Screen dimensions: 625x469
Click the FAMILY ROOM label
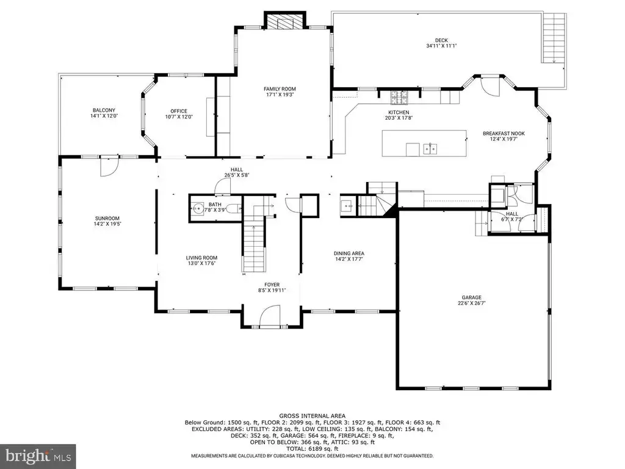(x=280, y=89)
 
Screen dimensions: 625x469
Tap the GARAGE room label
(x=472, y=297)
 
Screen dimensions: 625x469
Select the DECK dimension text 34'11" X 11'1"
(x=441, y=46)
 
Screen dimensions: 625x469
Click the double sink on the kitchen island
(x=430, y=149)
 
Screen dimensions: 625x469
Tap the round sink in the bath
(x=197, y=208)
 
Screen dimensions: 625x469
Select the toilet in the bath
(x=234, y=208)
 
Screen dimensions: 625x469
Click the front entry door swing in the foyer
(x=270, y=316)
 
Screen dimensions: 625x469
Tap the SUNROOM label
(x=107, y=219)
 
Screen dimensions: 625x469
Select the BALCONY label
(x=104, y=111)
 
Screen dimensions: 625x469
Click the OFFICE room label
(x=179, y=111)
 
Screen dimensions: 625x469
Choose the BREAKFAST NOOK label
(x=504, y=134)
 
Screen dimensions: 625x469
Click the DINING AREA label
(x=349, y=253)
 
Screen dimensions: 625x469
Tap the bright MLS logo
(x=38, y=456)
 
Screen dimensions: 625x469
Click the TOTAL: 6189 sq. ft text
(x=312, y=449)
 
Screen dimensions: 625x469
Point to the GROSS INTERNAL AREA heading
(x=312, y=416)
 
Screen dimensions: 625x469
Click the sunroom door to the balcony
(x=109, y=167)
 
